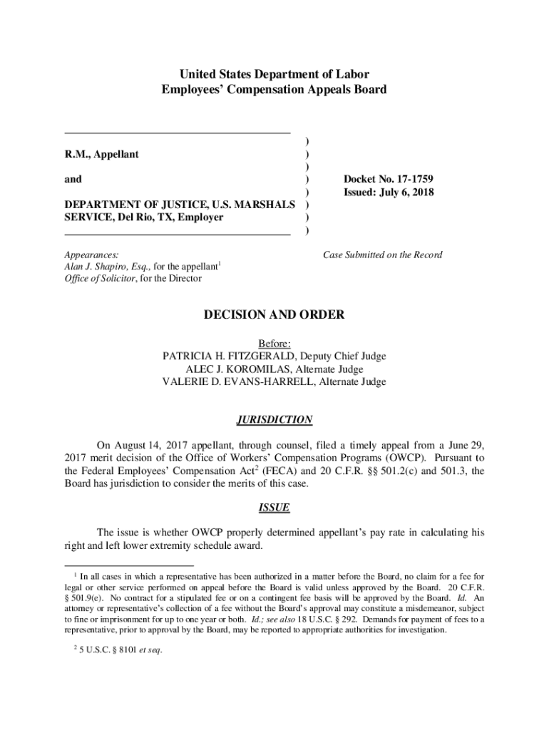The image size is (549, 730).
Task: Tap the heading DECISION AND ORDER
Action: click(x=274, y=314)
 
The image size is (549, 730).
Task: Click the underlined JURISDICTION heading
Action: click(x=274, y=420)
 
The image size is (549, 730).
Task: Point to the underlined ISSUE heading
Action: click(x=274, y=508)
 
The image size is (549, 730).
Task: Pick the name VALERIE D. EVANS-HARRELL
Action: click(x=228, y=382)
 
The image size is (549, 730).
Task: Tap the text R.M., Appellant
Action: click(x=102, y=154)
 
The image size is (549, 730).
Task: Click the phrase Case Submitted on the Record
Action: click(x=382, y=255)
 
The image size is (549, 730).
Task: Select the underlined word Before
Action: click(x=274, y=344)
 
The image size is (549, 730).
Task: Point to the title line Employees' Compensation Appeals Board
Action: click(x=274, y=90)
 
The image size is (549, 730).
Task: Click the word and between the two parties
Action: click(x=73, y=179)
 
